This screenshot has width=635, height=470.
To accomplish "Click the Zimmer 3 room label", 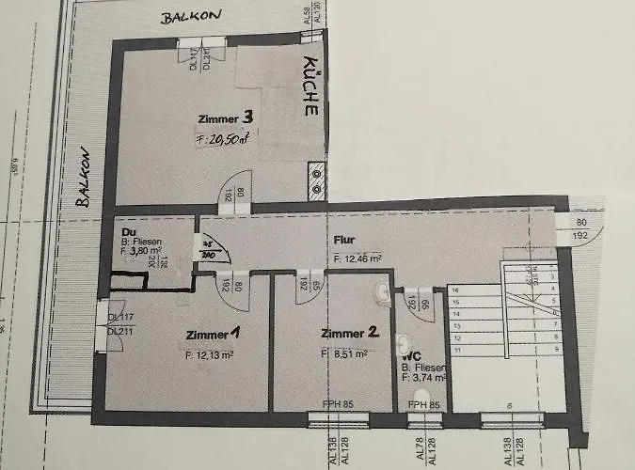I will [x=225, y=118].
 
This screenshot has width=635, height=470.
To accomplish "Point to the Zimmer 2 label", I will [x=349, y=333].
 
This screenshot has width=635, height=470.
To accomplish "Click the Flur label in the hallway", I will [x=342, y=240].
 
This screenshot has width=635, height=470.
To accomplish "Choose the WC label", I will [x=410, y=357].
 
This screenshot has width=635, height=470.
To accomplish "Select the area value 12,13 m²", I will [x=210, y=355].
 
